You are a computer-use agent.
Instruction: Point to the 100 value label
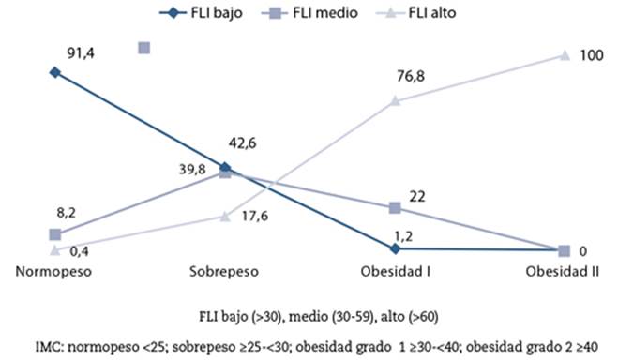pos(591,55)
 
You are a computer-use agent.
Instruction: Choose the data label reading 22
pos(417,195)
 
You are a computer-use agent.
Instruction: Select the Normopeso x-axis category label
pos(53,271)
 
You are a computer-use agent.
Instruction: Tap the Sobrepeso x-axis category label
pos(224,271)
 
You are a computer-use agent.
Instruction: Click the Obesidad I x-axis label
pos(395,271)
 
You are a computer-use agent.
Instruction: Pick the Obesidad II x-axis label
pos(563,271)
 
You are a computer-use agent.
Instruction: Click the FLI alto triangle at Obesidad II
pos(564,55)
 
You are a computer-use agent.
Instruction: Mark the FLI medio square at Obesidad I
pos(396,207)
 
